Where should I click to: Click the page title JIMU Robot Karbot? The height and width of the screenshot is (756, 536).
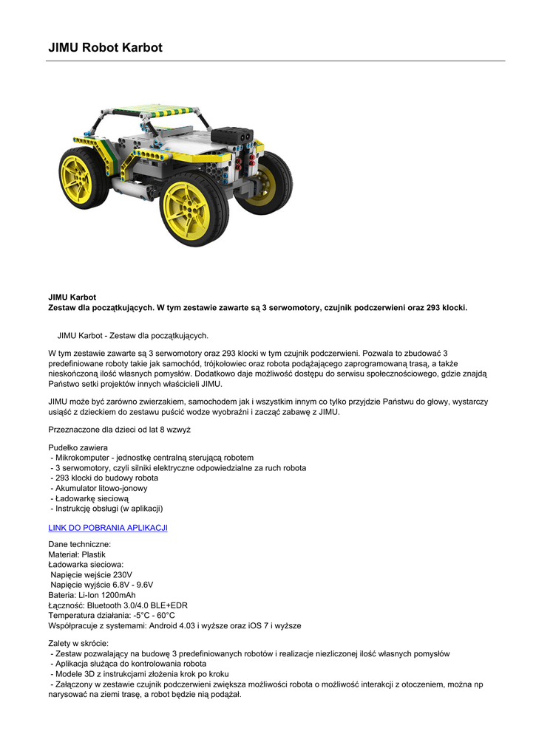(105, 48)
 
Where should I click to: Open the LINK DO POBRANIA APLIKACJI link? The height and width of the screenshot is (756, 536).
(108, 528)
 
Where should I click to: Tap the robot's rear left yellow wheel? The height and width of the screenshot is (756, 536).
(84, 177)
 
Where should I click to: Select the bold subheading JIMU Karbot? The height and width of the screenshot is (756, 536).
(72, 298)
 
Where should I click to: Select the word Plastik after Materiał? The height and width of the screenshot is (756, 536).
(93, 554)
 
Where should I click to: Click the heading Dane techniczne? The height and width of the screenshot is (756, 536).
(80, 543)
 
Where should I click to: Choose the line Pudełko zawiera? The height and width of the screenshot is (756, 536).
(78, 447)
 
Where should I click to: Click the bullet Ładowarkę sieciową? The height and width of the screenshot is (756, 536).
(92, 498)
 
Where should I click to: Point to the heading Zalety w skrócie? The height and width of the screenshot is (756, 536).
(78, 643)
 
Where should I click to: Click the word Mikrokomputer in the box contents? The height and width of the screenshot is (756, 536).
(82, 458)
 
